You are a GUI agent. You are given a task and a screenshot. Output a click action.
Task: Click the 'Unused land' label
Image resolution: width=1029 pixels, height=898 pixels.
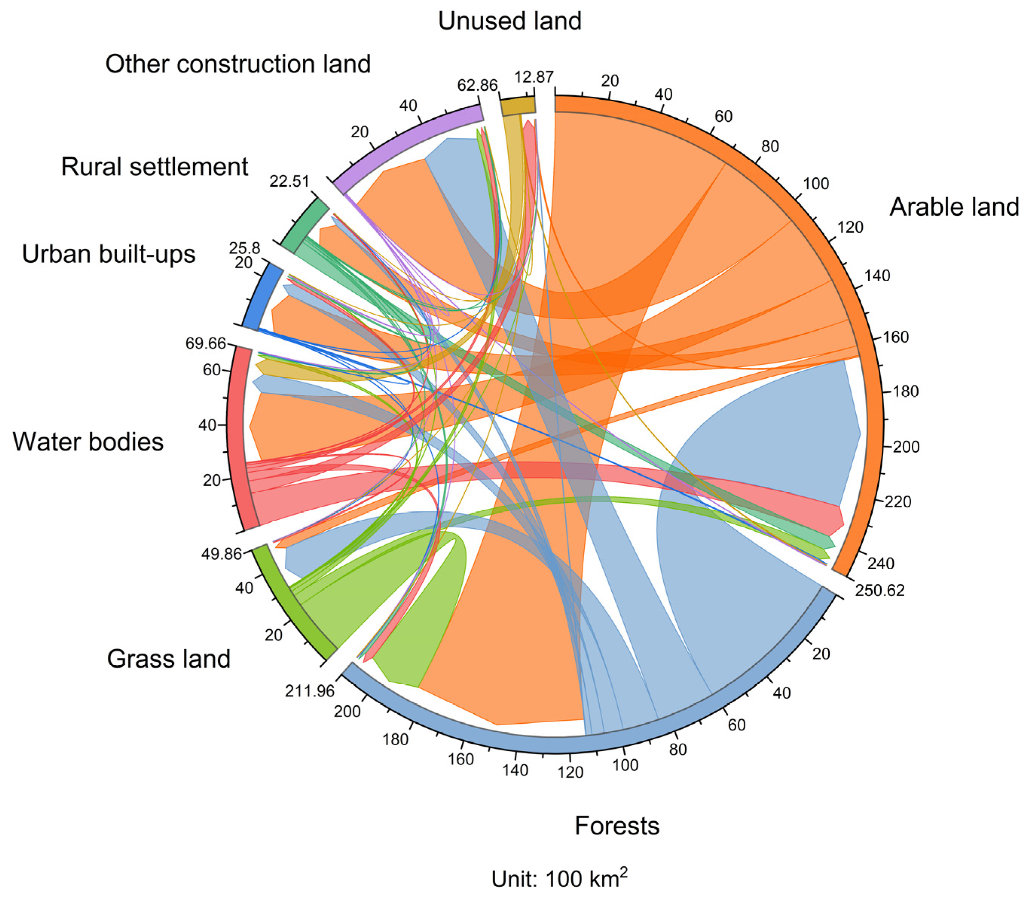tap(510, 21)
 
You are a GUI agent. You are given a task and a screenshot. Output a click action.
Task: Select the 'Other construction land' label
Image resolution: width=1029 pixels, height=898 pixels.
tap(238, 64)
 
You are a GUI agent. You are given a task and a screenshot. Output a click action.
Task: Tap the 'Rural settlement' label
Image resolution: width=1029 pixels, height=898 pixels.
tap(154, 166)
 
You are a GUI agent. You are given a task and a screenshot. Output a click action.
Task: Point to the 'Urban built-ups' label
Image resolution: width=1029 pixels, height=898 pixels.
tap(108, 254)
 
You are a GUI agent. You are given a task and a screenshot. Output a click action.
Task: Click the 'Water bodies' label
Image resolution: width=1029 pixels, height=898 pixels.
tap(88, 442)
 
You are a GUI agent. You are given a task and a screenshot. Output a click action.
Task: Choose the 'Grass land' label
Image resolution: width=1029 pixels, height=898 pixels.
tap(168, 659)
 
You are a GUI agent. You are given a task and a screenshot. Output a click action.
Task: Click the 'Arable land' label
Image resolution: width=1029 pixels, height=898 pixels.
tap(954, 207)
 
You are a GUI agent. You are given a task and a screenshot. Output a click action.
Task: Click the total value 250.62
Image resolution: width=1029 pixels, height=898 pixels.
tap(879, 590)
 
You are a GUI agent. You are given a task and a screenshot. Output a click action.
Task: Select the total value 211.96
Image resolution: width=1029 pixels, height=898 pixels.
tap(309, 691)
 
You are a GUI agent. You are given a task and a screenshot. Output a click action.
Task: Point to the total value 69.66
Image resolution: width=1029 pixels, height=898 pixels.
tap(206, 343)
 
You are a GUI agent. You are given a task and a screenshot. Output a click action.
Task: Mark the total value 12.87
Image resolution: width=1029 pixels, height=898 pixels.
tap(534, 77)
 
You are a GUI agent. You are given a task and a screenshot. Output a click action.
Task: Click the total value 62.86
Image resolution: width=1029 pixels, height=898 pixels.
tap(477, 85)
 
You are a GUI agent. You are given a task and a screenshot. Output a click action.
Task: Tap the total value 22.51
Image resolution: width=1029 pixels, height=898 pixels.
tap(289, 181)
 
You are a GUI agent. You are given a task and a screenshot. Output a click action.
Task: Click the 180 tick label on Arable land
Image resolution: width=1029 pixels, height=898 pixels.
tap(905, 391)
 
